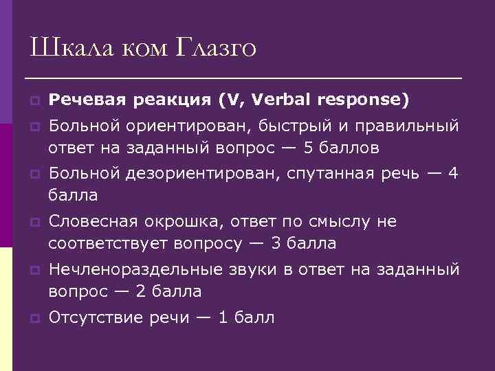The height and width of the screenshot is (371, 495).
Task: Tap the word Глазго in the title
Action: [x=217, y=47]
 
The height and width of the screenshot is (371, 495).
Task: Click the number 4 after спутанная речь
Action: [x=452, y=174]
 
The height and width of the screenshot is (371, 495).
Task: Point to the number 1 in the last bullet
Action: [x=222, y=317]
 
